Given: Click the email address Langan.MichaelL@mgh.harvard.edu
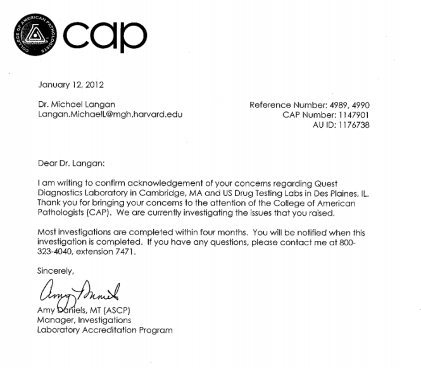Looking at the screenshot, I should (111, 114).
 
